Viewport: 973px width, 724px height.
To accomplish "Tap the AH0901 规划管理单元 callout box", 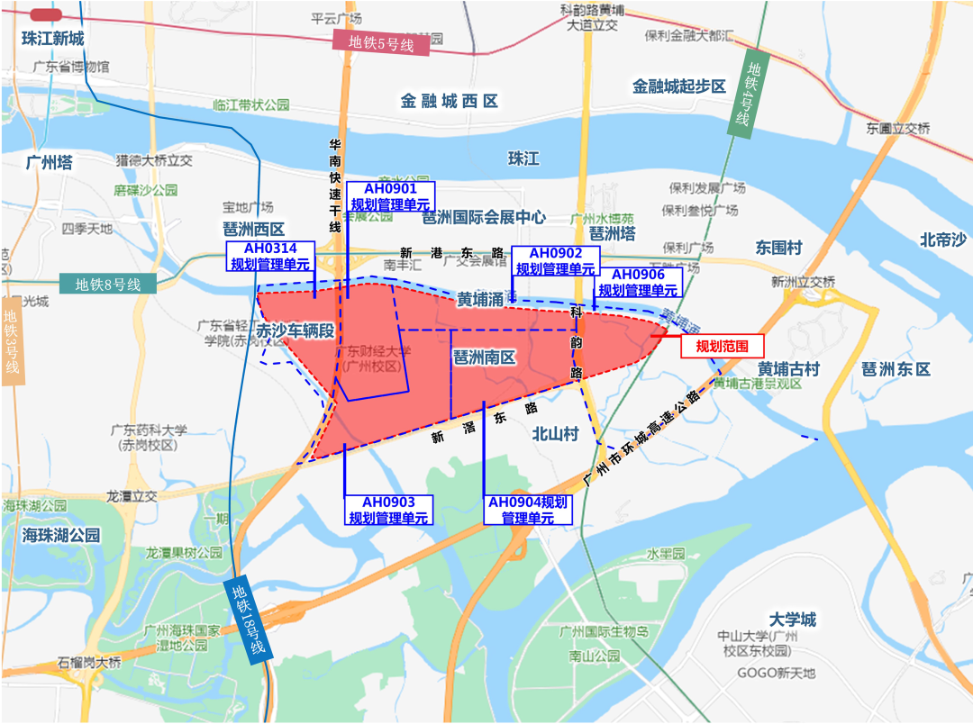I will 390,195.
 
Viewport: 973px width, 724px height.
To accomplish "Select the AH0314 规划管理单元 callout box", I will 270,257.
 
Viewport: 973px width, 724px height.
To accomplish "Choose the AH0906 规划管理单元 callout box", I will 638,283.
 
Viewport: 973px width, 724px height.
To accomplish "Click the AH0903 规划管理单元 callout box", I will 388,510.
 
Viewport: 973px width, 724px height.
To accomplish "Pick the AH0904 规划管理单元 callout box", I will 528,510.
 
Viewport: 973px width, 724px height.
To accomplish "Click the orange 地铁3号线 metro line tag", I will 12,341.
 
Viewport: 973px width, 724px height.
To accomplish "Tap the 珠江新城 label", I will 53,39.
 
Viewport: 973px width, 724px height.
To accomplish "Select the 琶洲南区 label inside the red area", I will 484,357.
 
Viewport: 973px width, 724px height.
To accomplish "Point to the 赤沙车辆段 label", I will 295,330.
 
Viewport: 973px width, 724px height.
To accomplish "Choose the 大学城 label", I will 793,619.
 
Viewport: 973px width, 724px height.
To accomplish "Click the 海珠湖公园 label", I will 61,535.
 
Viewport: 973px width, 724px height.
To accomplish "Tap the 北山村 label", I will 555,433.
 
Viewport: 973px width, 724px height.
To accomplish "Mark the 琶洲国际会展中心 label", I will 484,217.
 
